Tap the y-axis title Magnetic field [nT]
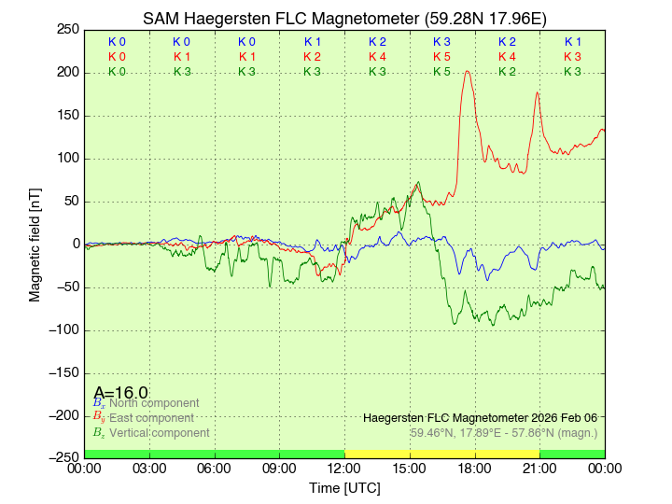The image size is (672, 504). pos(35,243)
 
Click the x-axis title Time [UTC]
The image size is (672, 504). pos(344,488)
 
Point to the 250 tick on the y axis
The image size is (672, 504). pos(68,29)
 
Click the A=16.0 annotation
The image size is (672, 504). pos(120,393)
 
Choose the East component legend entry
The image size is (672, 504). pos(149,418)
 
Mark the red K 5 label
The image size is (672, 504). pos(441,57)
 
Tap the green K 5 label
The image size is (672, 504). pos(441,72)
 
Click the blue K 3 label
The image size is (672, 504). pos(441,42)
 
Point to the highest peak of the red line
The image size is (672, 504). pos(467,71)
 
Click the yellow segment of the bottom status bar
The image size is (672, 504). pos(441,454)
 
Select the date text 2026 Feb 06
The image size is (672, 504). pos(559,417)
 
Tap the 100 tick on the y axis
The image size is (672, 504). pos(68,158)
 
